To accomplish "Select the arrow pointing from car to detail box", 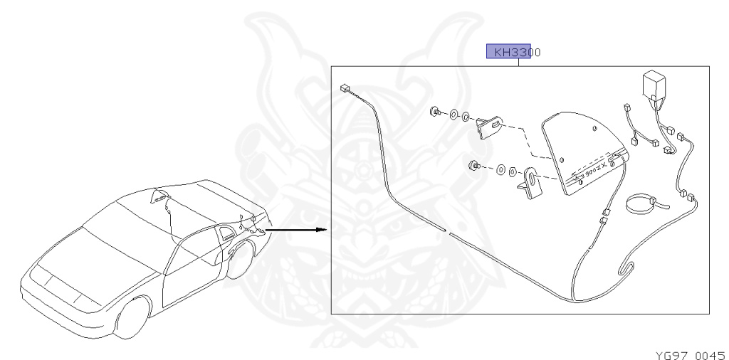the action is (299, 230).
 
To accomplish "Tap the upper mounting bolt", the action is (434, 111).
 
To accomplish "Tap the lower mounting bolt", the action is (473, 166).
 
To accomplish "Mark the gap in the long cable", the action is (446, 231).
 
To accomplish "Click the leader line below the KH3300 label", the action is (519, 63).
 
